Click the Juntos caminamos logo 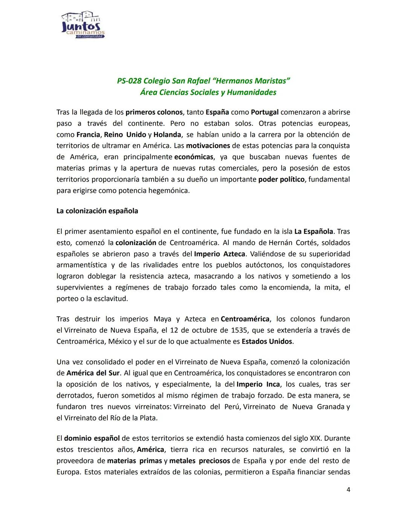(83, 25)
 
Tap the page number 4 (348, 490)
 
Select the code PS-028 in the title (129, 81)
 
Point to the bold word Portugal (265, 112)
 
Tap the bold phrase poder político (281, 179)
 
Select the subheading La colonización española (97, 211)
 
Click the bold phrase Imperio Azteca (219, 254)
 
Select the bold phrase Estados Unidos (267, 342)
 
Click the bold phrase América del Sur (93, 373)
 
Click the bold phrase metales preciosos (199, 461)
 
